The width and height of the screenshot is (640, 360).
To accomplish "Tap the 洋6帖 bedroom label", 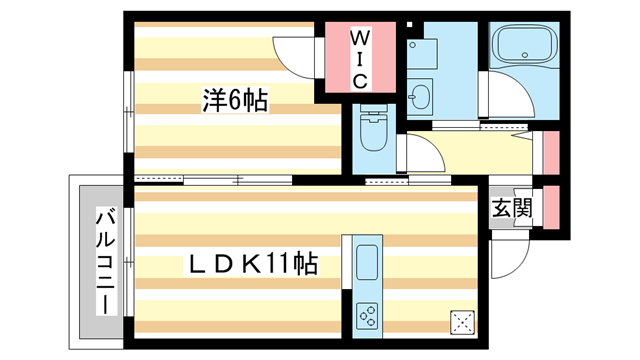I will [x=235, y=100].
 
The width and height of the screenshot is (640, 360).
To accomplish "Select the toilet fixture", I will [x=374, y=131].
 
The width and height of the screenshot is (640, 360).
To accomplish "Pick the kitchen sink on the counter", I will [x=364, y=262].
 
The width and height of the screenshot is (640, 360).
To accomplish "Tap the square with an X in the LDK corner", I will [x=463, y=322].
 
